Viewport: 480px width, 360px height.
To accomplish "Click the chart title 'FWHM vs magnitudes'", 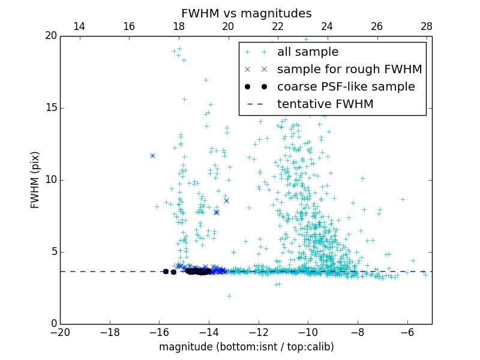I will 246,13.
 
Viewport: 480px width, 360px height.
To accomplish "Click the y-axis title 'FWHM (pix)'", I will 35,180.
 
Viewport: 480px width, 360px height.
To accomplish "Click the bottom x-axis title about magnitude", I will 246,347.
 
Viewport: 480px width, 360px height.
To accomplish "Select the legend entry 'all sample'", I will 307,52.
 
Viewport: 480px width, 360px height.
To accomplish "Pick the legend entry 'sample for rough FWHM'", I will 349,70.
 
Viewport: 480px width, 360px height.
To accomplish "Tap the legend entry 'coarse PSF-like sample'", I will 346,87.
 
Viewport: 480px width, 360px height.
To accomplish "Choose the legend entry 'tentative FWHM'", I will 325,104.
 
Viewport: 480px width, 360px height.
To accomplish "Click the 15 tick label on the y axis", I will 50,108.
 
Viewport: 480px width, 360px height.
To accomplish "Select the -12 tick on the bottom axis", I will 259,332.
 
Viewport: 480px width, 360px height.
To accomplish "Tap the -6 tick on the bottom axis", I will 407,332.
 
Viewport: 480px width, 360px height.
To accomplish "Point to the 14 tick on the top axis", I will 79,26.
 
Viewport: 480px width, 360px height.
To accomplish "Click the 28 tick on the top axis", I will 427,26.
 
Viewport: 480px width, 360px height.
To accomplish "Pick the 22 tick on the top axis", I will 278,26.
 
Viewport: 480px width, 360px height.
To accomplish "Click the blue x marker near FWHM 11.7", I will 152,155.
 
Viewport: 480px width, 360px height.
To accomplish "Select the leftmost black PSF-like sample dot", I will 166,271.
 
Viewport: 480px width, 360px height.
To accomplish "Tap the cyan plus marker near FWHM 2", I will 229,296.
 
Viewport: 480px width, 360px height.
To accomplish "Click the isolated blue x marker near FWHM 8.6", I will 226,200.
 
